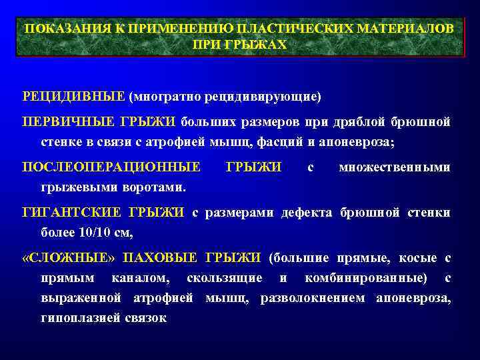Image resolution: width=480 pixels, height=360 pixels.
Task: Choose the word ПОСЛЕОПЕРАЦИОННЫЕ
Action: [111, 167]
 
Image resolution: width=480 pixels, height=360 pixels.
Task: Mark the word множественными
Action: [394, 167]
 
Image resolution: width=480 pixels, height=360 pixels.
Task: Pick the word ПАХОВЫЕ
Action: [161, 257]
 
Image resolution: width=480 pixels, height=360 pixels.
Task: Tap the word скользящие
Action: [225, 277]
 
